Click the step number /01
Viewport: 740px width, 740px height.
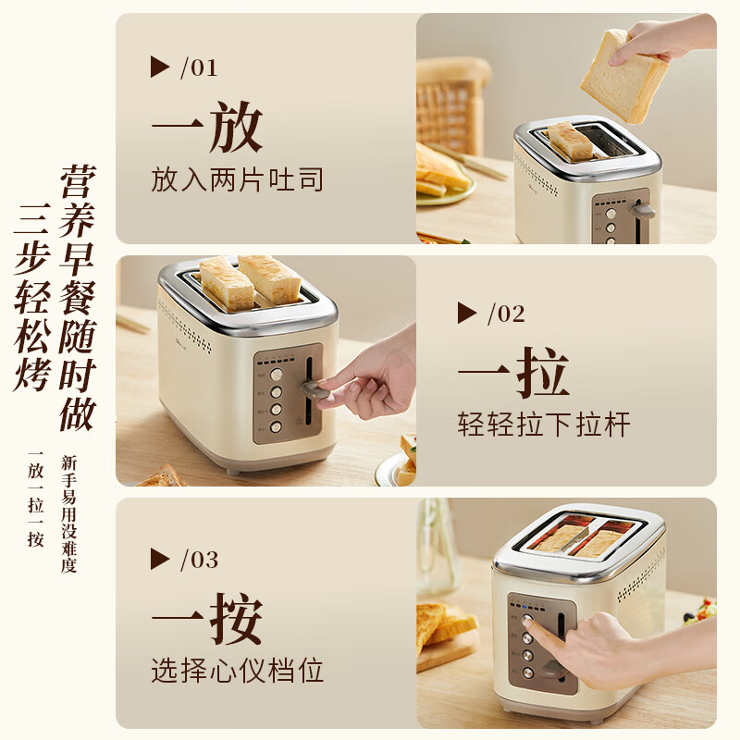198,68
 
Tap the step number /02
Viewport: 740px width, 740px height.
505,314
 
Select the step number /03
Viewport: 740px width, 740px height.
198,560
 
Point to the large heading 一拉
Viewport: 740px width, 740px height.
513,373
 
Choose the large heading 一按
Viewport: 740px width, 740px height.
207,619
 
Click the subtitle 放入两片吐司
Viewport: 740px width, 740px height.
238,179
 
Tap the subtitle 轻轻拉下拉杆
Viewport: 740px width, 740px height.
544,425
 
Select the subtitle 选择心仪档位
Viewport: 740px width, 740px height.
238,671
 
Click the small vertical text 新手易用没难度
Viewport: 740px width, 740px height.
68,513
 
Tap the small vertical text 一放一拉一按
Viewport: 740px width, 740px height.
36,499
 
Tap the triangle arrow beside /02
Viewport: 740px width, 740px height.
467,314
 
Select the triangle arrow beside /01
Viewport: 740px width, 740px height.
160,68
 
